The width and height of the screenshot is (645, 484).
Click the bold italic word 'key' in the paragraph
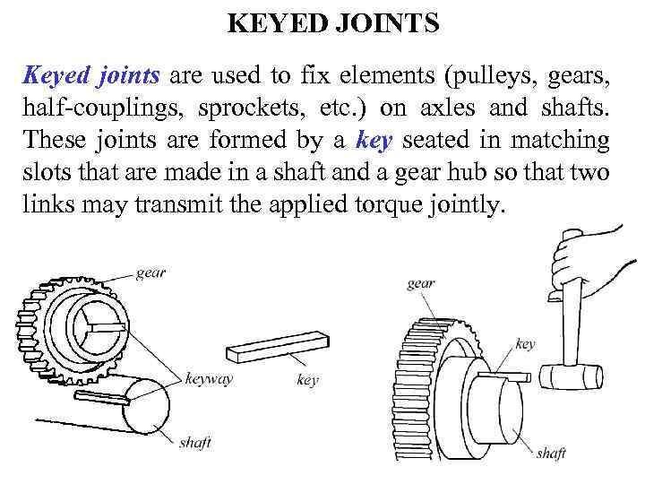(x=373, y=140)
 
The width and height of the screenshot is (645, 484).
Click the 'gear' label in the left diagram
(x=150, y=272)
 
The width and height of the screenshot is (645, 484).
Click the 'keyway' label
(x=208, y=378)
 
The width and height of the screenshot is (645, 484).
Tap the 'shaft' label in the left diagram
(x=195, y=442)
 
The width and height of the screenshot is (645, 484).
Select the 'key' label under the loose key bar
(x=307, y=380)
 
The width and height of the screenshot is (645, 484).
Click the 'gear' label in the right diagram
(x=421, y=284)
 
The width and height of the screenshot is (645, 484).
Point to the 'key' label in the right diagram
(x=526, y=343)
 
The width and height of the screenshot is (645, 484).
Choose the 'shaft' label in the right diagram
(x=550, y=454)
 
